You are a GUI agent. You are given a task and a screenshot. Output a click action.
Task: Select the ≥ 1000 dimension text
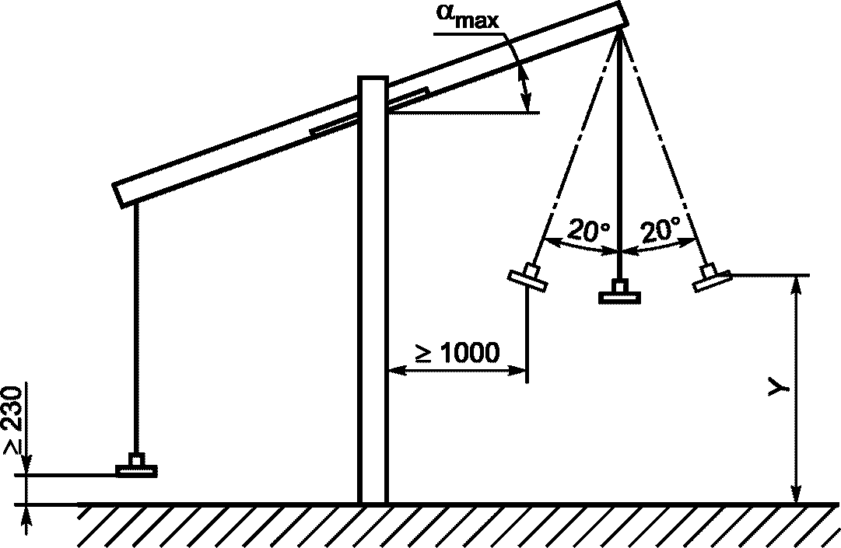click(x=457, y=353)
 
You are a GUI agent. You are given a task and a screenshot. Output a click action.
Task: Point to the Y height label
click(x=779, y=388)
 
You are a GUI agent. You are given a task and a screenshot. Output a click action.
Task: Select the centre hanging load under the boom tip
click(x=618, y=293)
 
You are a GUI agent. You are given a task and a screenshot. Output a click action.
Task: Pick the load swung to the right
click(x=711, y=277)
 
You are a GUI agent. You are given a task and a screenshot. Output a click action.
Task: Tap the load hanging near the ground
click(x=136, y=467)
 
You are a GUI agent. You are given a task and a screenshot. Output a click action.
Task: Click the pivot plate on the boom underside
click(x=369, y=113)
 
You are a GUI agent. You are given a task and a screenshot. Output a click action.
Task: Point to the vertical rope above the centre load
click(x=618, y=155)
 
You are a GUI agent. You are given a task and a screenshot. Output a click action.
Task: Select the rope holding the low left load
click(x=136, y=326)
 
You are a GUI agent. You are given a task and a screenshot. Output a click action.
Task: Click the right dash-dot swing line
click(x=661, y=148)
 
